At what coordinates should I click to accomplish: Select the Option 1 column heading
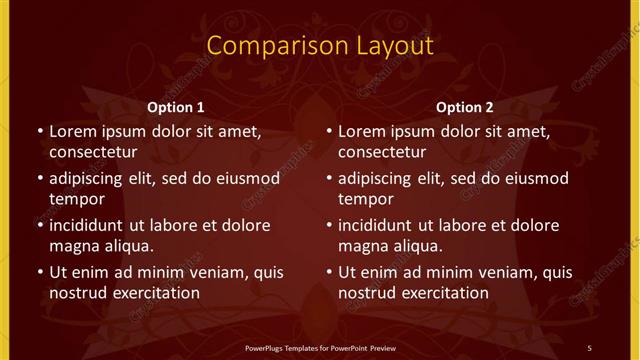[x=175, y=107]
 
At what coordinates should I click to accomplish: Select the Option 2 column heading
[x=465, y=107]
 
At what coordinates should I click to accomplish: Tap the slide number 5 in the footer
[x=589, y=347]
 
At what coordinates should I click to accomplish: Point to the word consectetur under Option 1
[x=93, y=152]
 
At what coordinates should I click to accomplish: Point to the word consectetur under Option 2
[x=383, y=152]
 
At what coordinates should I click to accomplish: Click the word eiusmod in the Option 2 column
[x=535, y=179]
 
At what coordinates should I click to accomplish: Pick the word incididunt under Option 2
[x=381, y=225]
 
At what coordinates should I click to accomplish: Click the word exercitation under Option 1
[x=154, y=293]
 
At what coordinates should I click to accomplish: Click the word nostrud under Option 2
[x=367, y=293]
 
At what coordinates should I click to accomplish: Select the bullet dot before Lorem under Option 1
[x=39, y=132]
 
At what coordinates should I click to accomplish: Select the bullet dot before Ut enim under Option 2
[x=329, y=272]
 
